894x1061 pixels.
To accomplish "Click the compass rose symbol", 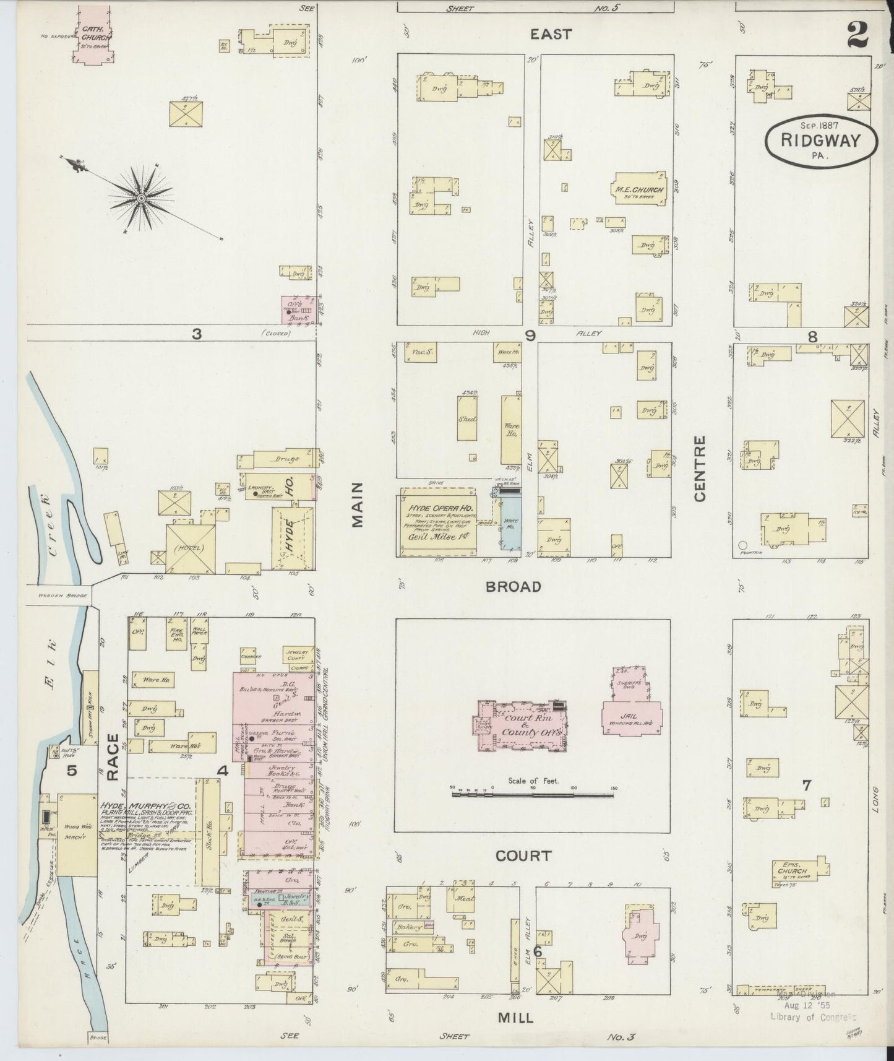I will coord(142,198).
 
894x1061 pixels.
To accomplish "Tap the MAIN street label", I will coord(358,505).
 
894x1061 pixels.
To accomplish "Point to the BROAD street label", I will coord(513,586).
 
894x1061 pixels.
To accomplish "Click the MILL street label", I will coord(515,1018).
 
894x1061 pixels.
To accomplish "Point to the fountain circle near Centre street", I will coord(742,545).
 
